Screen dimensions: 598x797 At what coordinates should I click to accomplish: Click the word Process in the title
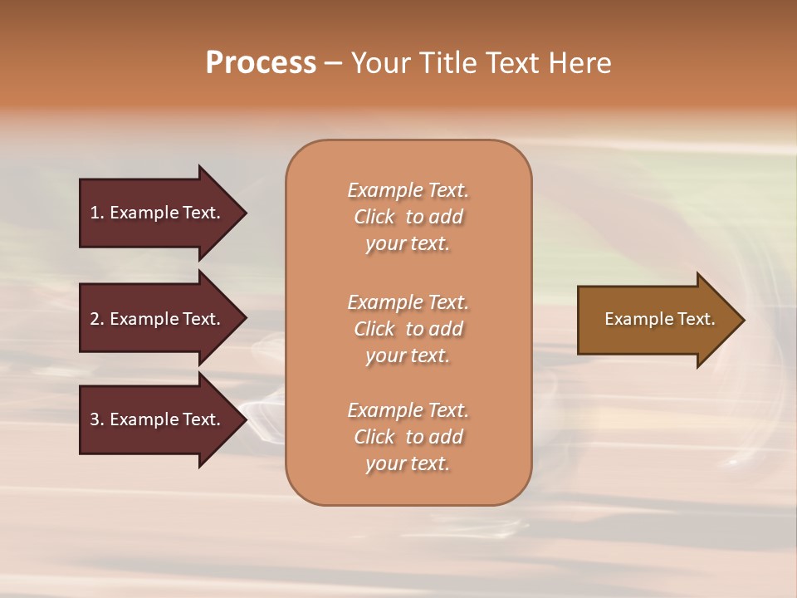coord(261,63)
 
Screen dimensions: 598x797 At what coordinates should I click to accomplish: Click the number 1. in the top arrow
coord(96,213)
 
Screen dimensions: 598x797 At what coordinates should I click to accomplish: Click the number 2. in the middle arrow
coord(96,319)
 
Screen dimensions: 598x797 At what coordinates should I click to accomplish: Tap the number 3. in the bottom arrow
coord(96,419)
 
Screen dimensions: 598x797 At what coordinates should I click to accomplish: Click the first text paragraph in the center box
coord(408,217)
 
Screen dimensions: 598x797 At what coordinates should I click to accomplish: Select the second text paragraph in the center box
coord(408,328)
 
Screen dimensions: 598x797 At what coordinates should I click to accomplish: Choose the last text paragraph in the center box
coord(408,437)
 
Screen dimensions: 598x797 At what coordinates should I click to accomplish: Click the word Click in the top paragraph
coord(374,217)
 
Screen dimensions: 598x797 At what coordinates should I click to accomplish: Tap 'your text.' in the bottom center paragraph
coord(408,463)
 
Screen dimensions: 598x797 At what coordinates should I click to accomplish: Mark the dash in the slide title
coord(333,64)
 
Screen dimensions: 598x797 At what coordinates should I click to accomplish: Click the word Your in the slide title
coord(379,63)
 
